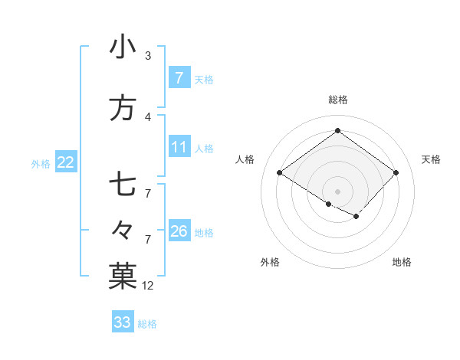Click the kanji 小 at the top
[x=123, y=47]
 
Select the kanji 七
[x=123, y=185]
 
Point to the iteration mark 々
[x=123, y=229]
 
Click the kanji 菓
[x=123, y=277]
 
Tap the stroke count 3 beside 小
[x=147, y=56]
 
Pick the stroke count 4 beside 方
[x=147, y=117]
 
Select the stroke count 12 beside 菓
[x=148, y=286]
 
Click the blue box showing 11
[x=179, y=147]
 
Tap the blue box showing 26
[x=179, y=231]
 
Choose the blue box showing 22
[x=65, y=162]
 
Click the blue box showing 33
[x=122, y=322]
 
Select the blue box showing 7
[x=179, y=78]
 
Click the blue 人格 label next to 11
[x=204, y=148]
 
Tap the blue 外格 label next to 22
[x=41, y=162]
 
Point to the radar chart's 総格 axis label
[x=337, y=100]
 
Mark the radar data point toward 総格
[x=337, y=131]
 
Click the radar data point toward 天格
[x=396, y=173]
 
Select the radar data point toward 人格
[x=279, y=173]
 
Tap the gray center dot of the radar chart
[x=337, y=190]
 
